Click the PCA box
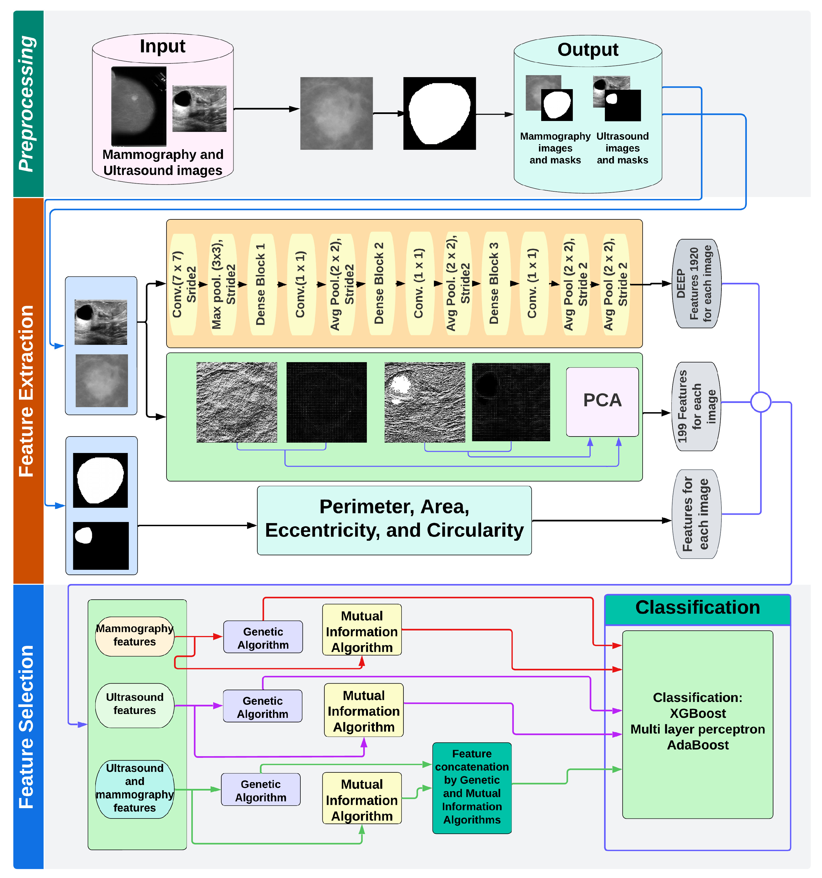point(602,402)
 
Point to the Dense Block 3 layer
point(494,284)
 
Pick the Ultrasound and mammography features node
point(135,789)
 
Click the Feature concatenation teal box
point(472,788)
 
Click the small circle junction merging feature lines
point(761,402)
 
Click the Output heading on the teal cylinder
point(588,49)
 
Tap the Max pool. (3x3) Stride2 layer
point(223,284)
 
